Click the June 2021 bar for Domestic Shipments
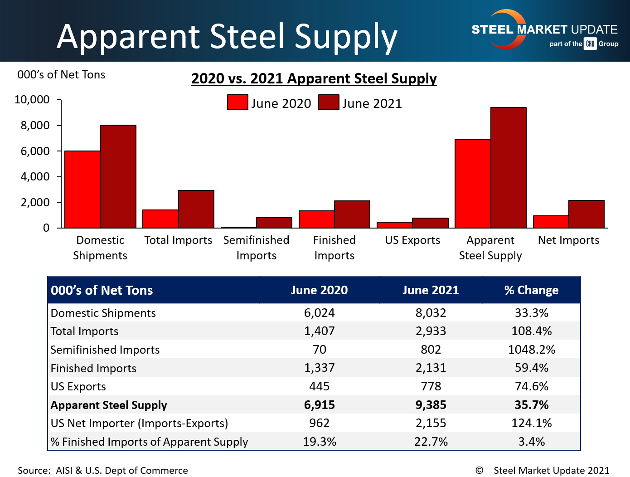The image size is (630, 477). (x=118, y=176)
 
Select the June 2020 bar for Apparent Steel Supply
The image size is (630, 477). (x=473, y=183)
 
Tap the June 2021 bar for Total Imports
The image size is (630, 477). (x=196, y=209)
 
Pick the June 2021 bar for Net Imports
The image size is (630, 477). (x=586, y=214)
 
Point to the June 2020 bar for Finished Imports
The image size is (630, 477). (x=316, y=219)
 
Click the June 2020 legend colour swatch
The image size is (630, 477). (x=237, y=102)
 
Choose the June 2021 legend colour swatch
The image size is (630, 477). (x=329, y=102)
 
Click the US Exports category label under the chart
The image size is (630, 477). (x=412, y=240)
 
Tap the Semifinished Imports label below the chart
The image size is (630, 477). (x=256, y=248)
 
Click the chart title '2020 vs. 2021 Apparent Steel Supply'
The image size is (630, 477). (x=314, y=78)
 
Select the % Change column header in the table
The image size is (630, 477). (x=531, y=290)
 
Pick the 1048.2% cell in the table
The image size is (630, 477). (x=531, y=350)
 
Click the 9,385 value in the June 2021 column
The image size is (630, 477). (x=431, y=405)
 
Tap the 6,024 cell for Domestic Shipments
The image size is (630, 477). (x=319, y=313)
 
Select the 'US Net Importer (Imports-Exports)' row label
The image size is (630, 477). (x=139, y=423)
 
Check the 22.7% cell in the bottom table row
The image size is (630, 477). (x=431, y=442)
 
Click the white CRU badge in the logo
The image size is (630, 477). (x=590, y=44)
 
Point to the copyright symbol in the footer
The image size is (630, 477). (x=479, y=470)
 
